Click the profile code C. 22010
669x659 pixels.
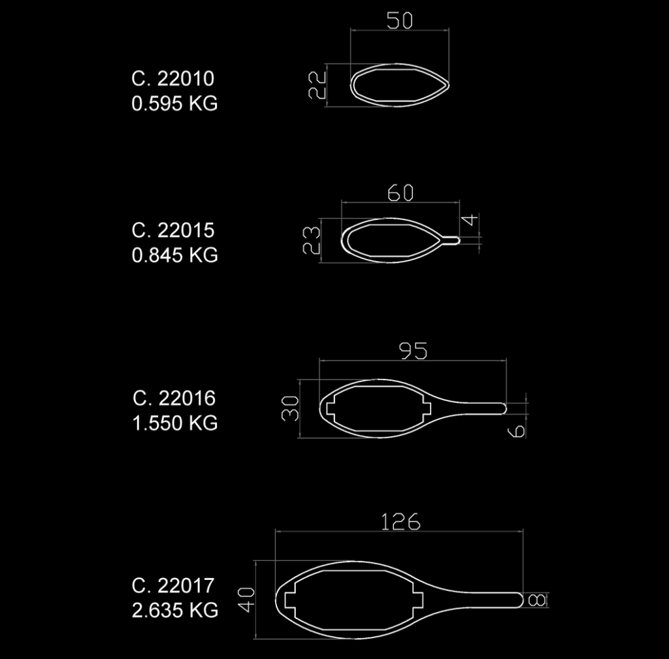172,78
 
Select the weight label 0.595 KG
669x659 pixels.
174,103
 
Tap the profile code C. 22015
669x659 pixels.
172,231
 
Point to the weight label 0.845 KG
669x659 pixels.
174,255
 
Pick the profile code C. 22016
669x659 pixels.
174,398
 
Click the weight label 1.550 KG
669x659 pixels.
175,423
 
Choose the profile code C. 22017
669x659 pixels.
172,586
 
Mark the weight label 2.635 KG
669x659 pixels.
175,611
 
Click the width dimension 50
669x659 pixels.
400,20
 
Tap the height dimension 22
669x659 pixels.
317,85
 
